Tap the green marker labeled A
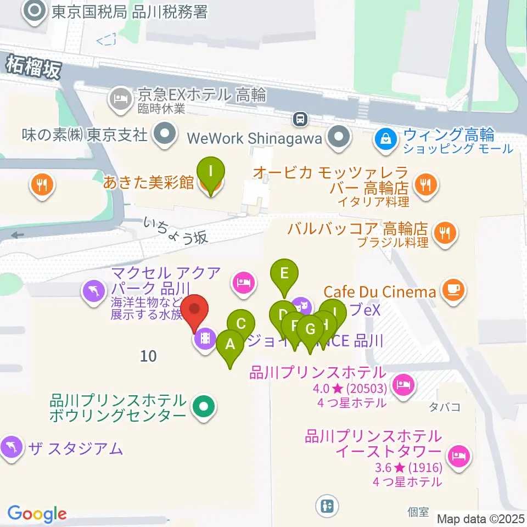tap(230, 346)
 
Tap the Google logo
tap(37, 514)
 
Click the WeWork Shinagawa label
tap(254, 138)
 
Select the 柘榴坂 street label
tap(33, 68)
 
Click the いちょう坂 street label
tap(176, 229)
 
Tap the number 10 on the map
tap(148, 356)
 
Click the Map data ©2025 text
tap(480, 518)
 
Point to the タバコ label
tap(445, 407)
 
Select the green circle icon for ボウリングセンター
tap(204, 407)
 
